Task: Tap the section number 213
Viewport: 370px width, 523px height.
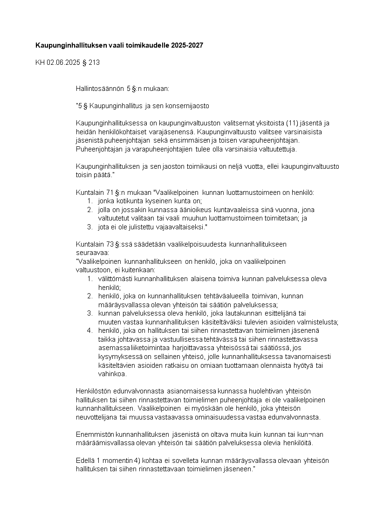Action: (x=94, y=62)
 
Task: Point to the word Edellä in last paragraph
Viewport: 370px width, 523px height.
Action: (x=85, y=460)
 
